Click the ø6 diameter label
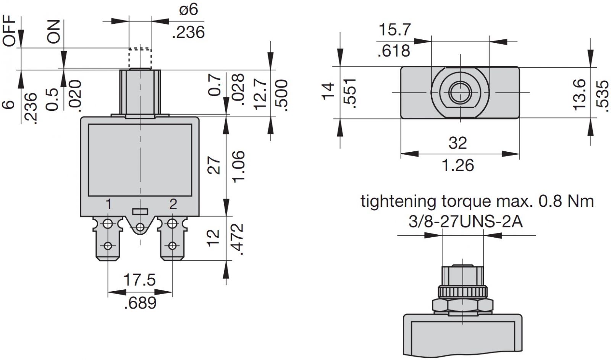(x=189, y=9)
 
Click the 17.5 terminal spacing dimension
(x=139, y=280)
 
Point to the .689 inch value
(x=140, y=303)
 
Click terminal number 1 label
(x=108, y=204)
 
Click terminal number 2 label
(x=173, y=204)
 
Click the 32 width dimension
(x=457, y=143)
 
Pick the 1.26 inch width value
(x=457, y=165)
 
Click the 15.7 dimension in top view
(x=394, y=30)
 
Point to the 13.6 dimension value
(x=579, y=94)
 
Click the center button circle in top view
(x=459, y=92)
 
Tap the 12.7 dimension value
(x=260, y=94)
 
